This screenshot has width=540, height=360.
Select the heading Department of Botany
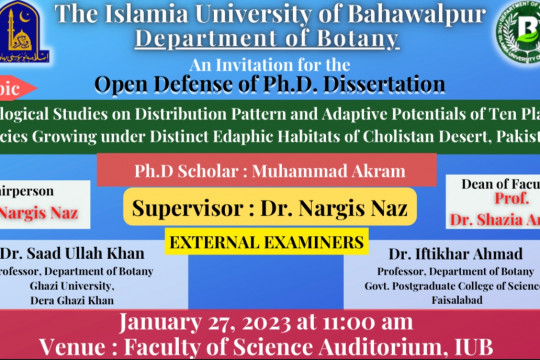[280, 41]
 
